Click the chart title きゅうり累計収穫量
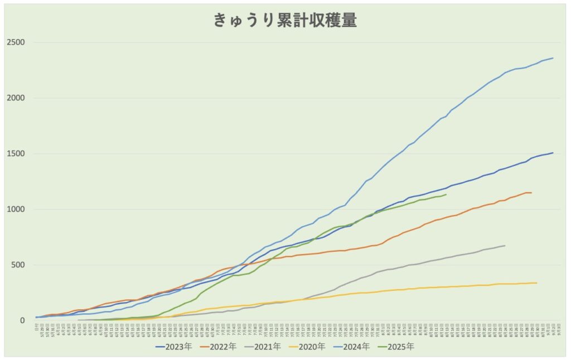click(285, 21)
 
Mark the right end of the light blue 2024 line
click(553, 58)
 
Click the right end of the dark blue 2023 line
click(553, 153)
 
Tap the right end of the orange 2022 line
click(531, 193)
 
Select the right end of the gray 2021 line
click(505, 246)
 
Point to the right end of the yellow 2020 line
click(536, 283)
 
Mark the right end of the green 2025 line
click(446, 194)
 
